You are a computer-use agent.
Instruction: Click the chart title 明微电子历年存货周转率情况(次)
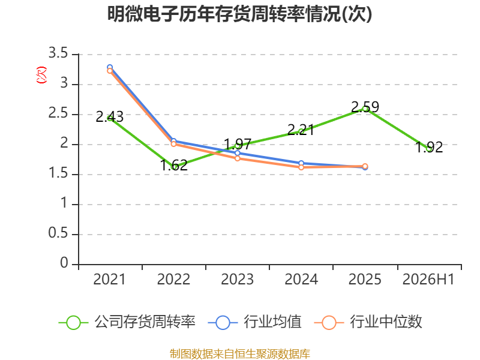239,14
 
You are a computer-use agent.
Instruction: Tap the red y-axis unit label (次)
41,75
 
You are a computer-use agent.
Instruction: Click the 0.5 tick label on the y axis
58,233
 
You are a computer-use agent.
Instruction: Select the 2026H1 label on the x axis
428,279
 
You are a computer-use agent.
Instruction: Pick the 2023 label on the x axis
237,279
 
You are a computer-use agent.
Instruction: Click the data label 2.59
365,107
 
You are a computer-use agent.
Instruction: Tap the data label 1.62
174,166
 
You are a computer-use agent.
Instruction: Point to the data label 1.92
429,147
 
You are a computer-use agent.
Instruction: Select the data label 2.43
110,116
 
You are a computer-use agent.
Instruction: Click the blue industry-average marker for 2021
110,67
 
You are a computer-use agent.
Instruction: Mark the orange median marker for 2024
301,167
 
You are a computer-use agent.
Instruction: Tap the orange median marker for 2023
237,158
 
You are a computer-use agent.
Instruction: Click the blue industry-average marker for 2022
173,141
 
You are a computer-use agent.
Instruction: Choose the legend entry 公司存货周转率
127,322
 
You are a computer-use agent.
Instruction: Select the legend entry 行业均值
254,322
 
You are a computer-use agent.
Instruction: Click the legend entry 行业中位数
368,322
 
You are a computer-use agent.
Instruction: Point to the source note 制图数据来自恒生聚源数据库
239,354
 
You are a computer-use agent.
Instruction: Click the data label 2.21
301,130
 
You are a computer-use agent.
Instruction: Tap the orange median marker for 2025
365,166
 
